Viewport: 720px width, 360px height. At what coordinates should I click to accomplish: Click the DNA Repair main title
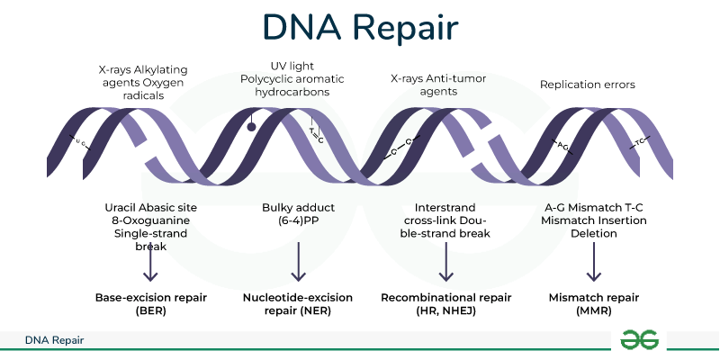point(360,27)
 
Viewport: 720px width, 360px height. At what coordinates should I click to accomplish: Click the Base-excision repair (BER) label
point(150,303)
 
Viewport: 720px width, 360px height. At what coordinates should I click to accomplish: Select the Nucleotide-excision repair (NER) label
point(297,303)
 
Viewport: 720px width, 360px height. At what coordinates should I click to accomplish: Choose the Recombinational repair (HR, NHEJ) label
point(445,303)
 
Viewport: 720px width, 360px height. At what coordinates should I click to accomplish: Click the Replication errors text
point(587,85)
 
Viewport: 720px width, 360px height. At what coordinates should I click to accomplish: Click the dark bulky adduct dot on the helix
point(252,127)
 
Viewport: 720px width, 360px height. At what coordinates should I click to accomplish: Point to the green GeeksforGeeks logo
point(640,339)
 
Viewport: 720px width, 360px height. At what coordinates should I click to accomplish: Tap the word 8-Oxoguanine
point(150,220)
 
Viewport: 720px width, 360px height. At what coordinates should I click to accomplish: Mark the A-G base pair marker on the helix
point(562,143)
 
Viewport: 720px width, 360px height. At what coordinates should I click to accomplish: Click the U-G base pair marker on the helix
point(80,141)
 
